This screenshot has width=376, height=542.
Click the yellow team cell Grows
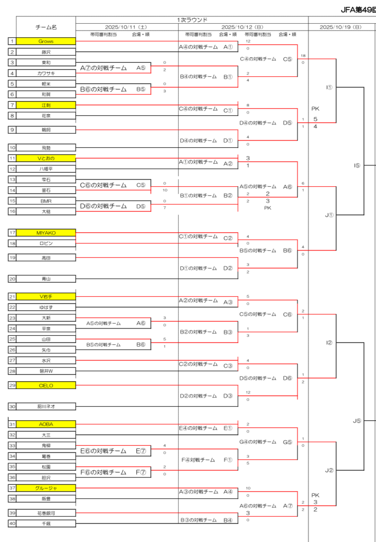click(x=46, y=41)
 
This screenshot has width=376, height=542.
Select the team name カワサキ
click(x=46, y=73)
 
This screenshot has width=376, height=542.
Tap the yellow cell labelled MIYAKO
click(x=46, y=233)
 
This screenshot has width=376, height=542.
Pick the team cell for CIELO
click(x=46, y=385)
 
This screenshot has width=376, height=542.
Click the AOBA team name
click(x=46, y=424)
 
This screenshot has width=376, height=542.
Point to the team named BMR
click(x=46, y=200)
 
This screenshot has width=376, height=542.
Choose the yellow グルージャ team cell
click(x=46, y=488)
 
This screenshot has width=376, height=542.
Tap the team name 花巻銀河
click(x=46, y=512)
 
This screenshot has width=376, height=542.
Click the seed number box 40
click(x=12, y=523)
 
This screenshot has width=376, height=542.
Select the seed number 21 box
click(x=12, y=297)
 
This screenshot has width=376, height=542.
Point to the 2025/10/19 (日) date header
click(x=341, y=27)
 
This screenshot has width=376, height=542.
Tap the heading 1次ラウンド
click(x=192, y=20)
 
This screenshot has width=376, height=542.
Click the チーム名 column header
click(x=46, y=27)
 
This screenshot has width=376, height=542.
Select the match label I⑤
click(x=357, y=165)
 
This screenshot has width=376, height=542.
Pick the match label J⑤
click(x=357, y=421)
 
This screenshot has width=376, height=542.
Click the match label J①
click(x=329, y=215)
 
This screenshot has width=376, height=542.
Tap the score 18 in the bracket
click(x=302, y=55)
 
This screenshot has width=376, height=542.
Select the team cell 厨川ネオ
click(x=46, y=407)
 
